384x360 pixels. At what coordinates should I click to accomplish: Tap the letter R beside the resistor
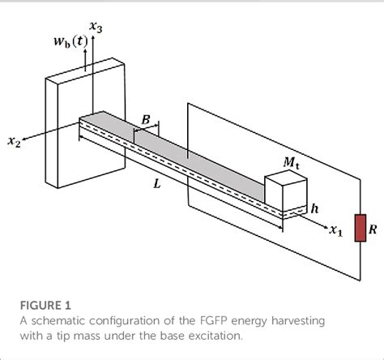click(373, 229)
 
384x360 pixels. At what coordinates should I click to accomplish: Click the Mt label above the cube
click(291, 163)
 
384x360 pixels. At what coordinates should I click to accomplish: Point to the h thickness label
click(315, 208)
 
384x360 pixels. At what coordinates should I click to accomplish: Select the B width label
click(146, 120)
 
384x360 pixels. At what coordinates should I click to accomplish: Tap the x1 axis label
click(335, 231)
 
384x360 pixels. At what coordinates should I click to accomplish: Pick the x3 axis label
click(96, 27)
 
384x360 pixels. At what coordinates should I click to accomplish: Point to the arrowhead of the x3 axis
click(96, 39)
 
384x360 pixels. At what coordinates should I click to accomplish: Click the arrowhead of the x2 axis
click(27, 139)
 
